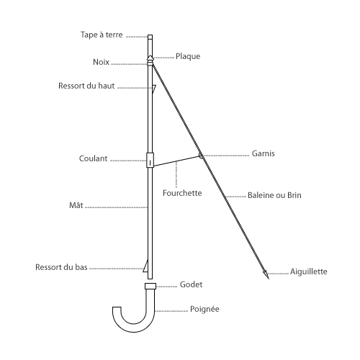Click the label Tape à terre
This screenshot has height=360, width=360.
[102, 35]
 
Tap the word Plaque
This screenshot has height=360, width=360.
[188, 56]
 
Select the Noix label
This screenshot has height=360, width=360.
[101, 62]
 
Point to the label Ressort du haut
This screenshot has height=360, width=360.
[86, 86]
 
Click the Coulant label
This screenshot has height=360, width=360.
[93, 158]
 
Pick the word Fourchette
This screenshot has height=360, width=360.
[182, 193]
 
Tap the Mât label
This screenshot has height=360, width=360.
[76, 205]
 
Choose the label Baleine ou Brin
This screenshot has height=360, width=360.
[274, 195]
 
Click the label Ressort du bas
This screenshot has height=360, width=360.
[61, 267]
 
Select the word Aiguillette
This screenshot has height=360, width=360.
[309, 271]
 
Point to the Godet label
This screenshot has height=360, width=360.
[191, 284]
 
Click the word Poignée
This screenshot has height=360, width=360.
[204, 309]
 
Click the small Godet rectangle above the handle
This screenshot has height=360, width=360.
[150, 286]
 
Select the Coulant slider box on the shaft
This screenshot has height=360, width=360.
[150, 160]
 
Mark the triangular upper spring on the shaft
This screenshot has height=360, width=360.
[154, 89]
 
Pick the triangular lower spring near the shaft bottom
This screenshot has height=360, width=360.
[145, 266]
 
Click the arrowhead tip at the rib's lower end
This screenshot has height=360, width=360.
[269, 279]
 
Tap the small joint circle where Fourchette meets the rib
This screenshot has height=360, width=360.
[201, 156]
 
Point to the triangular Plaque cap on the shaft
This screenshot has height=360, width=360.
[150, 58]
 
